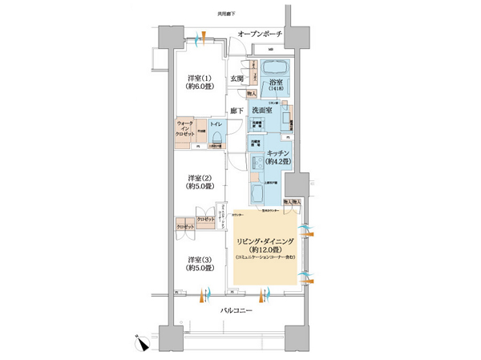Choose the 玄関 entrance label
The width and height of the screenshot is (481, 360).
(236, 79)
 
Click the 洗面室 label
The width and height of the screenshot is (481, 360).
(263, 110)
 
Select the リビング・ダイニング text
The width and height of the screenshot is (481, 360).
(265, 240)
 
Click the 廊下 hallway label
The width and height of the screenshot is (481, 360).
(236, 110)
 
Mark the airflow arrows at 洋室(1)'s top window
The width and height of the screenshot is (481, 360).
(200, 37)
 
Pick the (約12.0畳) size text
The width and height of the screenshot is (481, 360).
(265, 249)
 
